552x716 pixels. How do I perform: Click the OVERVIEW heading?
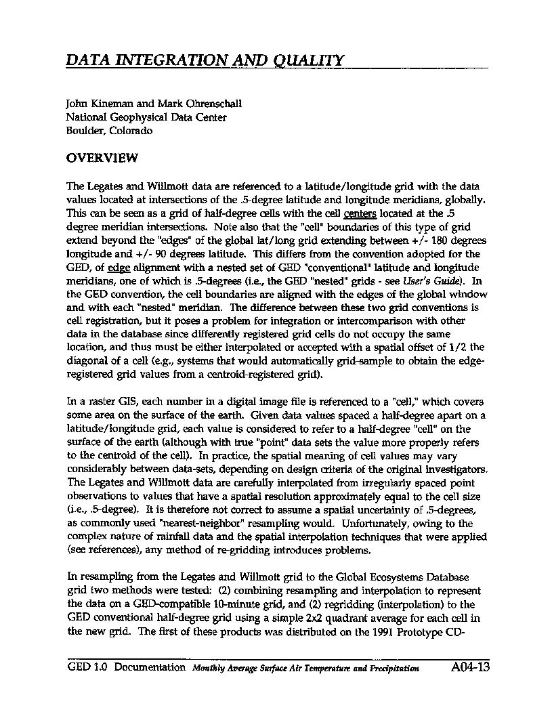point(102,159)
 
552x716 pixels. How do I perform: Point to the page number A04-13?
point(469,667)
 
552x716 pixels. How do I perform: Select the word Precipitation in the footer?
point(393,669)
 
